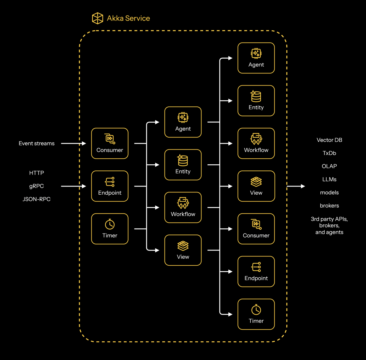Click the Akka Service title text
click(128, 18)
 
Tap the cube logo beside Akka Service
click(97, 18)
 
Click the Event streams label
click(37, 143)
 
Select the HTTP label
click(37, 173)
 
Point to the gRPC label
click(37, 186)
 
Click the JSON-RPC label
click(37, 199)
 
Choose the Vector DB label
click(329, 140)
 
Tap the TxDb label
click(329, 153)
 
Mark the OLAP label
click(329, 166)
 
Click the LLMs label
click(329, 179)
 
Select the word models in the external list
click(329, 192)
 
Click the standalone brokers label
click(329, 206)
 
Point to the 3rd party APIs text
click(329, 219)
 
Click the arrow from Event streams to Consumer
click(73, 143)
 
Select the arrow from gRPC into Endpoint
click(73, 186)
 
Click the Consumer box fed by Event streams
click(110, 143)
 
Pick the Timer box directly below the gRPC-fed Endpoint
click(110, 229)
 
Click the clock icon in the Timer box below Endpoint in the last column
click(256, 310)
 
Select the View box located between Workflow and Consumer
click(256, 186)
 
